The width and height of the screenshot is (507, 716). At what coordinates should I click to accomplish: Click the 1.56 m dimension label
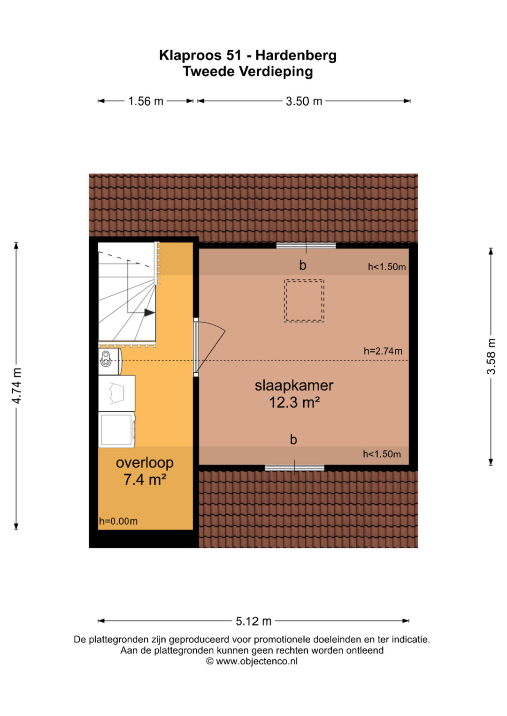pyautogui.click(x=146, y=101)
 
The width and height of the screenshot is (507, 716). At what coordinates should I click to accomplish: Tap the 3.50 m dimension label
pyautogui.click(x=304, y=101)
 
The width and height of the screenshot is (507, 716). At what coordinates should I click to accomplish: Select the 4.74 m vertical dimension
pyautogui.click(x=16, y=385)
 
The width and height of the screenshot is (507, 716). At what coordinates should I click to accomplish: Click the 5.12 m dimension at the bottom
pyautogui.click(x=253, y=621)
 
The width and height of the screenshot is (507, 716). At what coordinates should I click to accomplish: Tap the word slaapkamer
pyautogui.click(x=294, y=385)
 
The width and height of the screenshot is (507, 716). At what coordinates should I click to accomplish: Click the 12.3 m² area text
pyautogui.click(x=294, y=402)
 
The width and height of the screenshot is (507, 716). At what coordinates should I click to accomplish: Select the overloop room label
pyautogui.click(x=145, y=462)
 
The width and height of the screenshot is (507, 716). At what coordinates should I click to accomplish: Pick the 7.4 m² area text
pyautogui.click(x=145, y=480)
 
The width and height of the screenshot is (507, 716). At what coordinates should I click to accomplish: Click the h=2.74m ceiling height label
pyautogui.click(x=383, y=351)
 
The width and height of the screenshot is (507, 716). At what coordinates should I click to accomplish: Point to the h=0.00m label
pyautogui.click(x=118, y=521)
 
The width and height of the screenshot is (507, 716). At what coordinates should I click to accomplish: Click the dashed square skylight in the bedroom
pyautogui.click(x=304, y=301)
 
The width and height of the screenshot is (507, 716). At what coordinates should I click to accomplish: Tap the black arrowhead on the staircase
pyautogui.click(x=149, y=313)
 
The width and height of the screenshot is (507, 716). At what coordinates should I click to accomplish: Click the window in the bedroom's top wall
pyautogui.click(x=306, y=246)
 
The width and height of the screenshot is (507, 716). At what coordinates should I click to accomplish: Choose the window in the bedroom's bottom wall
pyautogui.click(x=294, y=468)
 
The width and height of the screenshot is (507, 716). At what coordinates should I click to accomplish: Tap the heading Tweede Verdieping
pyautogui.click(x=248, y=71)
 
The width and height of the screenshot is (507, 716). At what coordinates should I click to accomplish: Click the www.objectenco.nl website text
pyautogui.click(x=257, y=661)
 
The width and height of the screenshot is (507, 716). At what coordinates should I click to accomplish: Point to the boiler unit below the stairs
pyautogui.click(x=110, y=362)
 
